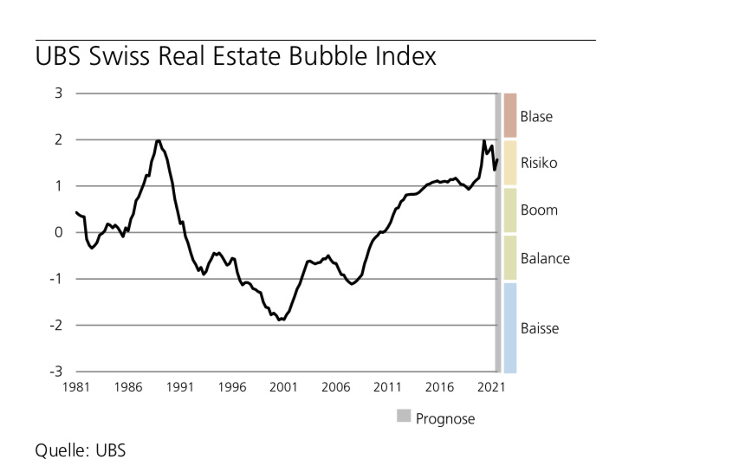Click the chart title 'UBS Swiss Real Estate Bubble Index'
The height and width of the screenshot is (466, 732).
pos(235,58)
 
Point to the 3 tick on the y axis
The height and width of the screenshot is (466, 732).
pos(58,93)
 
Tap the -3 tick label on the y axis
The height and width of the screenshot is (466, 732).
pos(56,372)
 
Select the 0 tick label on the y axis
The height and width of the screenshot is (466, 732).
pos(58,232)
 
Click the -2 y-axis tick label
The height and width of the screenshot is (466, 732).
pos(56,325)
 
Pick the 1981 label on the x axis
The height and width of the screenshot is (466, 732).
pos(75,387)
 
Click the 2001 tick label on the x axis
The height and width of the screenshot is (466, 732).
pos(283,387)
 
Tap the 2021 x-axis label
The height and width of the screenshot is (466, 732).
pos(491,387)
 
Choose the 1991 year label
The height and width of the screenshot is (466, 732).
pos(179,387)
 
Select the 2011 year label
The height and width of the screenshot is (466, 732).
pos(387,387)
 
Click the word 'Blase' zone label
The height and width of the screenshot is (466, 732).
pos(536,116)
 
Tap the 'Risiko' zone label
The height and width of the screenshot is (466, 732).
pos(539,163)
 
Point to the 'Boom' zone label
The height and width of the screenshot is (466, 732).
pos(539,210)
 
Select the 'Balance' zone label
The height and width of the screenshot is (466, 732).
pos(545,258)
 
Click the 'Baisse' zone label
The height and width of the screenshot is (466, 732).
pos(540,328)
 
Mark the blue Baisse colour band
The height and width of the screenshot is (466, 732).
pos(510,327)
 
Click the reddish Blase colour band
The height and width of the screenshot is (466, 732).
pos(510,115)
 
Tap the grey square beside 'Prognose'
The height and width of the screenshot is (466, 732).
pos(404,417)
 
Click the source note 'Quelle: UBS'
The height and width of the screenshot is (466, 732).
pos(81,450)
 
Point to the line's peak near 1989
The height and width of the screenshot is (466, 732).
pos(158,140)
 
